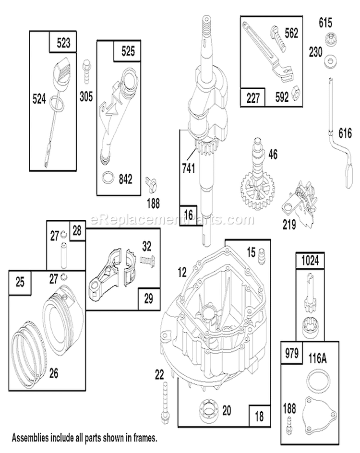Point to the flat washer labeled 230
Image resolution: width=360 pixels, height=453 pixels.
329,60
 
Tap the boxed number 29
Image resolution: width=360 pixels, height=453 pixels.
148,298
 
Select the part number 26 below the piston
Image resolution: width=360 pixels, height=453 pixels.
54,372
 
